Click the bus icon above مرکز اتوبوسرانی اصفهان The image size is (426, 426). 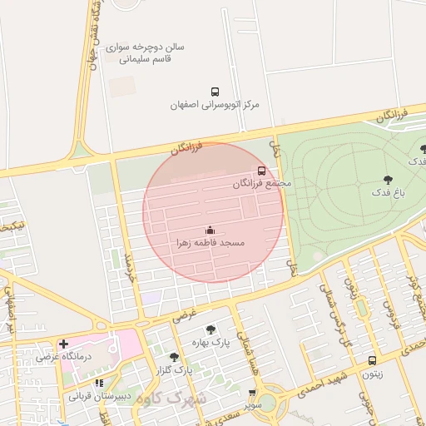(215, 92)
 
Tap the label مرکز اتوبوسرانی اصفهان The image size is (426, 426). (215, 106)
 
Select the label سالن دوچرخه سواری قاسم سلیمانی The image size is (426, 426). (151, 53)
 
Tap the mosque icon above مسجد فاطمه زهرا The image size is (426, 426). (210, 229)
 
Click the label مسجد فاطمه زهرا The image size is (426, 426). (210, 242)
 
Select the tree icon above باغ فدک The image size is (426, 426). (388, 179)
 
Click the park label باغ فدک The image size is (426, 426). (388, 192)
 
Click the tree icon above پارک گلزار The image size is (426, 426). (174, 356)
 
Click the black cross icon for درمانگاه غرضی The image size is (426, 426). (63, 344)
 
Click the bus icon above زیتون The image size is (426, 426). (372, 360)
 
